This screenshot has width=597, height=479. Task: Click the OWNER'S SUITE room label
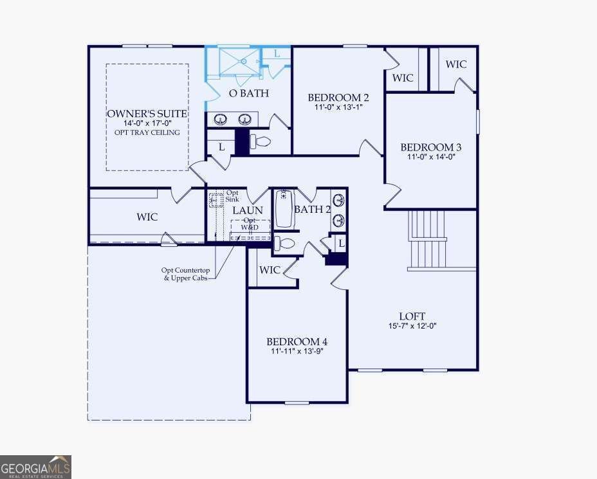pos(147,114)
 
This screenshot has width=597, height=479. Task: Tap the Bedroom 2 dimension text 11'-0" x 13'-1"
pos(338,107)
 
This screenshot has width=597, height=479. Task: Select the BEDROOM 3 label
pos(430,147)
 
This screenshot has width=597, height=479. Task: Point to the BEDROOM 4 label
pos(297,341)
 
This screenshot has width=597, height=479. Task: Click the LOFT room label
pos(412,316)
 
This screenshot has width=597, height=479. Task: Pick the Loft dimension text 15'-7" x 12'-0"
pos(412,325)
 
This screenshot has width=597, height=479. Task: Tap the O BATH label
pos(249,93)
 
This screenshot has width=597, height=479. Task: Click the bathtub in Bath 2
pos(284,210)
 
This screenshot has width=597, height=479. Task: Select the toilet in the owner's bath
pos(261,140)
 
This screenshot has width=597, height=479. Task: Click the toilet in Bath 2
pos(285,244)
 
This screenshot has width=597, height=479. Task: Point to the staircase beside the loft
pos(428,241)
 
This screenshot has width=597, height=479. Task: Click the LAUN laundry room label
pos(247,210)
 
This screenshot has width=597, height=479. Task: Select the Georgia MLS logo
pos(35,467)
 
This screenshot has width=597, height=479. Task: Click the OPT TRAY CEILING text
pos(147,132)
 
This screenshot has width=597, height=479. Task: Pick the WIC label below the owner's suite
pos(147,217)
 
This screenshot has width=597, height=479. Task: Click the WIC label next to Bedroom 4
pos(270,269)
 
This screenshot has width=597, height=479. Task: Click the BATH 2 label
pos(312,209)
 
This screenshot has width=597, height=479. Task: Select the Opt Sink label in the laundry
pos(232,196)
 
